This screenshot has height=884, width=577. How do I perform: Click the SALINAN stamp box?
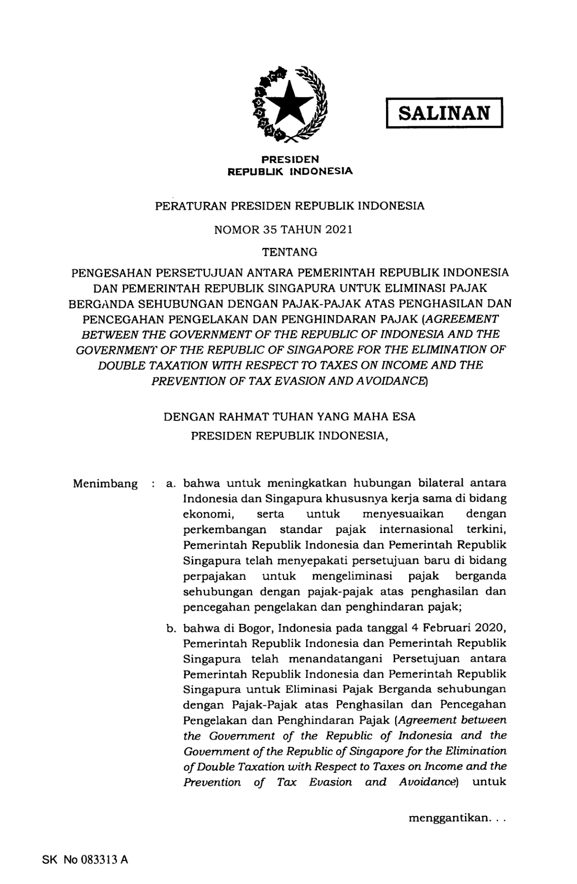[444, 113]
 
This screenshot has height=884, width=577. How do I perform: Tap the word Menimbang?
[105, 484]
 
